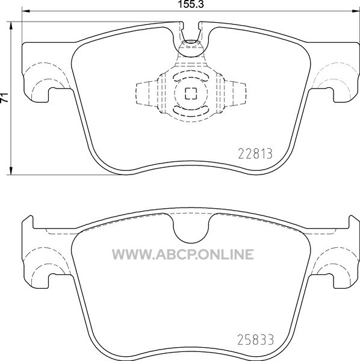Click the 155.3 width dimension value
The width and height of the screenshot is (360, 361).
(191, 5)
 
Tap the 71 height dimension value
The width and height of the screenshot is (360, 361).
(4, 97)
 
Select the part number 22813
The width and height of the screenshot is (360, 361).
(255, 154)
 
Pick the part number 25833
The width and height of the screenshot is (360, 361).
(256, 339)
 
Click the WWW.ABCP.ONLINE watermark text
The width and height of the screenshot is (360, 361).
(183, 255)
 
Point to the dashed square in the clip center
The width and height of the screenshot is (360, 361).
(191, 94)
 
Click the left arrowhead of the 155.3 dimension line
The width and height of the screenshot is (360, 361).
(26, 11)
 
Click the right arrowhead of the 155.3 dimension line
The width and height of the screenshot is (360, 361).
(356, 11)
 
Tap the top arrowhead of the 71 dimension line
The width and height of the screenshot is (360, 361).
(11, 26)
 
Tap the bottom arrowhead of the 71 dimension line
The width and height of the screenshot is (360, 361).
(11, 171)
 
